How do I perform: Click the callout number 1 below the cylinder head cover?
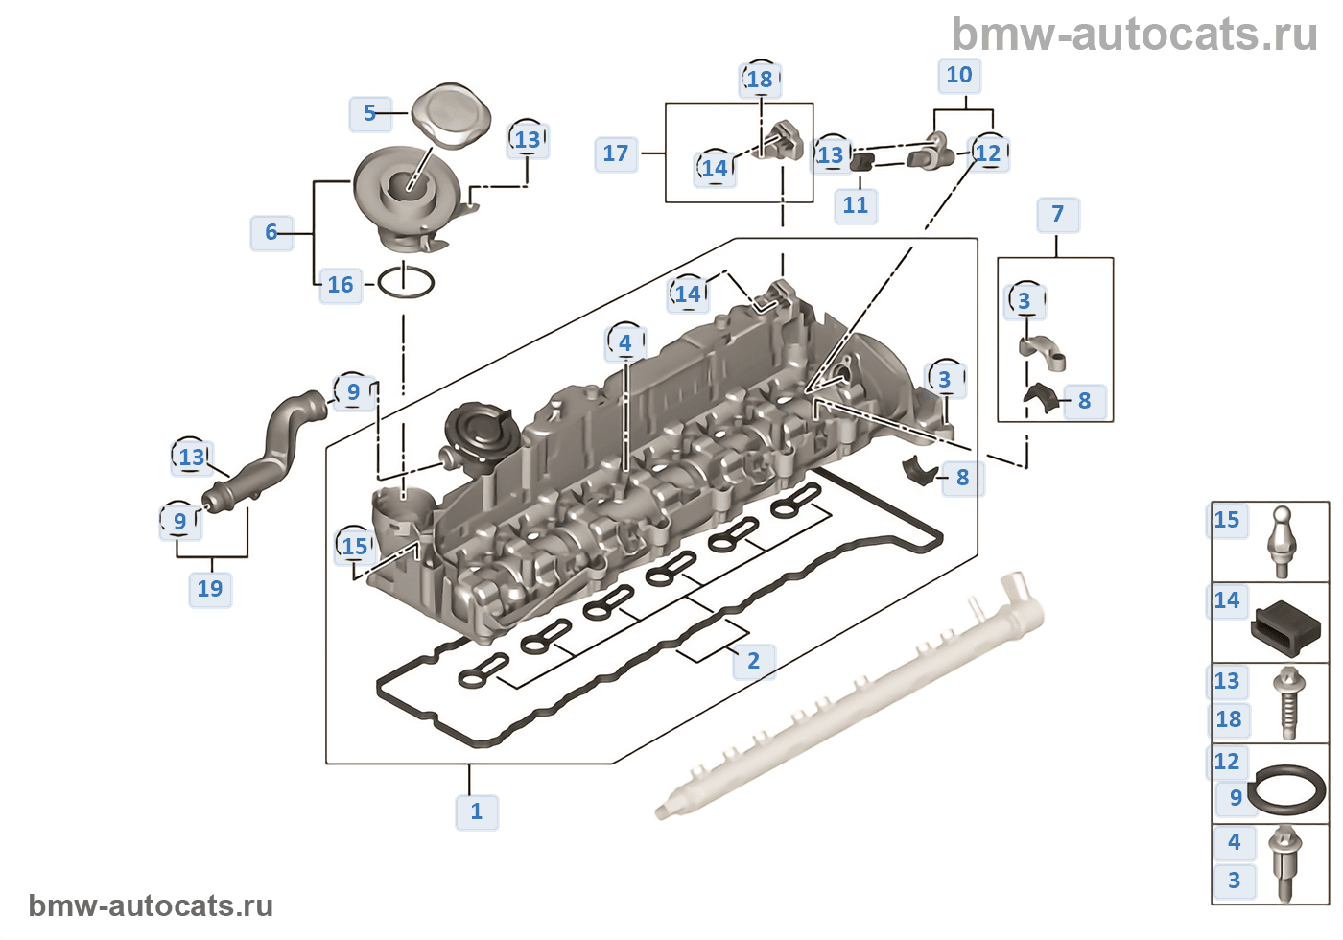pos(477,811)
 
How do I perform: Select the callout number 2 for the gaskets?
pos(753,661)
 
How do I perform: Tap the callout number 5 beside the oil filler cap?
pos(369,113)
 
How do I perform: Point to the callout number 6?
pos(271,232)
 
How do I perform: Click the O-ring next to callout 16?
pos(406,283)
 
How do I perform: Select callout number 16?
pos(341,285)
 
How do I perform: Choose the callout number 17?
pos(616,153)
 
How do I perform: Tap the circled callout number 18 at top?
pos(760,80)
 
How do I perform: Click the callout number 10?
pos(959,75)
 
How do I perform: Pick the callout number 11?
pos(856,205)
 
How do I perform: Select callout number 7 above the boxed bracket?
pos(1058,214)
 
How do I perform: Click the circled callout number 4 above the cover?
pos(625,342)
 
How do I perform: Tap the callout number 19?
pos(210,589)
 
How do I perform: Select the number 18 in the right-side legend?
pos(1229,719)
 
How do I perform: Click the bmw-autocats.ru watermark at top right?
pos(1134,35)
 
